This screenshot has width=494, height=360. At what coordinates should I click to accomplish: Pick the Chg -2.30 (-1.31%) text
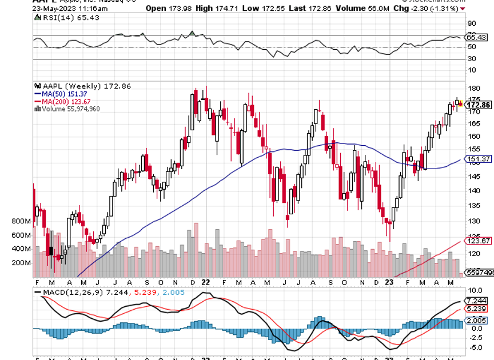point(435,8)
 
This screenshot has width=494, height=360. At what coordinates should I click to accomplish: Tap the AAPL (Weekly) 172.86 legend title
point(83,86)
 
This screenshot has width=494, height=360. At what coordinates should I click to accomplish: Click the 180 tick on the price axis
point(472,89)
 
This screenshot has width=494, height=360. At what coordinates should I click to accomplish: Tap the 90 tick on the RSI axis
point(472,24)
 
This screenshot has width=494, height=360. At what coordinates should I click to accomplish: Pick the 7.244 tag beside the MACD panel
point(476,301)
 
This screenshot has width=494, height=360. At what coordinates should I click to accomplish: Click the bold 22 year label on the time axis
point(205,282)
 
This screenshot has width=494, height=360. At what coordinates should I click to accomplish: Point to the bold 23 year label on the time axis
point(389,282)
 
